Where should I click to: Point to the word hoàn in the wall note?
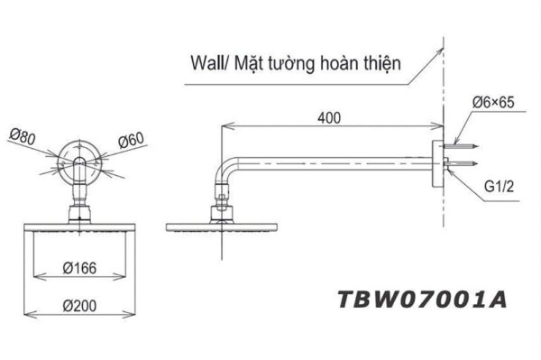pyautogui.click(x=351, y=64)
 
